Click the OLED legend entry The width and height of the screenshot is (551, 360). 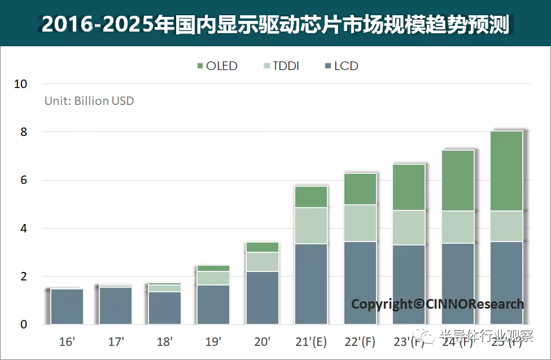coord(217,66)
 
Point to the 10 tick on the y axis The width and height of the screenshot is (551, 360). coord(20,84)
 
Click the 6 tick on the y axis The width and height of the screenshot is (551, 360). coord(23,181)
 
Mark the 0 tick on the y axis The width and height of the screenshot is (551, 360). coord(23,325)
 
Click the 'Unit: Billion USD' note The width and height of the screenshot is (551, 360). coord(89,101)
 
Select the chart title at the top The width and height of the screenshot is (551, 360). coord(275,24)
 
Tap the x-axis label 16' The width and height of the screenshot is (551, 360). coord(68,341)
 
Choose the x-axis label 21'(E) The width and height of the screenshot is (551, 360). coord(311,341)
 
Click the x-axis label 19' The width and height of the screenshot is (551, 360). coord(213,341)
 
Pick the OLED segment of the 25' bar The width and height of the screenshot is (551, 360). coord(506,171)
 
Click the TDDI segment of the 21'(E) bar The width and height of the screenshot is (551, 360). coord(311,226)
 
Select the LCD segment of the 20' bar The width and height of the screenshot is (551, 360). coord(263,298)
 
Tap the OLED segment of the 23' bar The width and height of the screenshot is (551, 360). coord(409,187)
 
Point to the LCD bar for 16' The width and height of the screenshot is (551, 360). coord(67,306)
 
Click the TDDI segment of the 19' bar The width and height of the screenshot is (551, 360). coord(213,278)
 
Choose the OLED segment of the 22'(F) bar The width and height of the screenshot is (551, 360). coord(360,189)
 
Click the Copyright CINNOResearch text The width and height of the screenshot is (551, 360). coord(437,304)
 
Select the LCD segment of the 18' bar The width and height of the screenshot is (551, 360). coord(165,308)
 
